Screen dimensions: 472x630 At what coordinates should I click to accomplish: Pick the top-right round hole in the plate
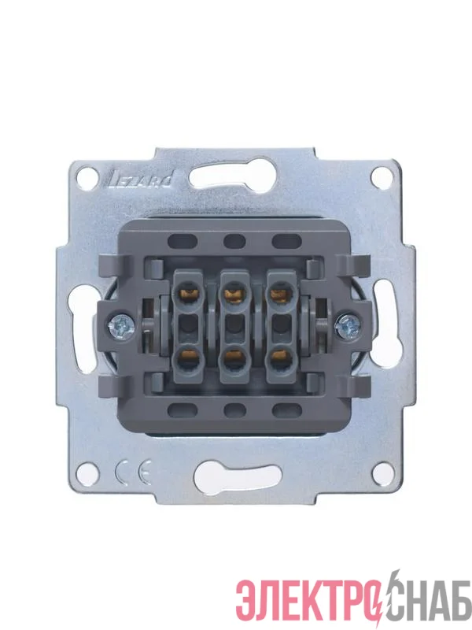[382, 177]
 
